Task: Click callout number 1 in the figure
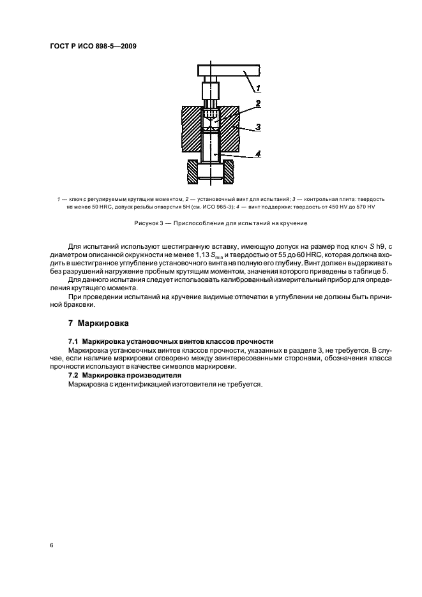tap(258, 87)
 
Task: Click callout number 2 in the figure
tap(257, 103)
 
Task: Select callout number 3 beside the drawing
tap(257, 127)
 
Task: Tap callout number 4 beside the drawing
tap(257, 153)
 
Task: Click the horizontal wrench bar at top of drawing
tap(227, 70)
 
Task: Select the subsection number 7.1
tap(73, 343)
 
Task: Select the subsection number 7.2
tap(73, 376)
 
